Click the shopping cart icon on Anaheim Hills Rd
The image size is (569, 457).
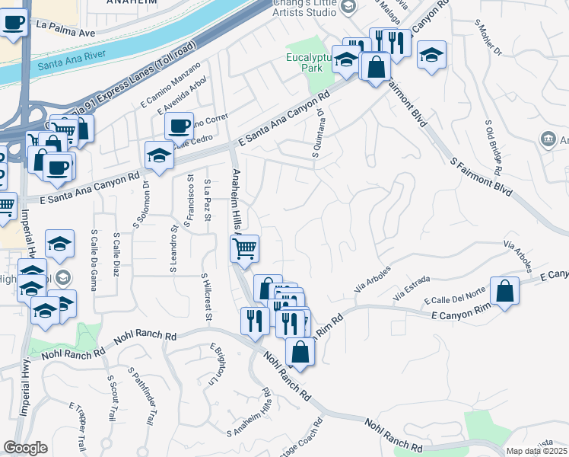(245, 248)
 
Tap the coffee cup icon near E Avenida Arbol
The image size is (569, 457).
(180, 125)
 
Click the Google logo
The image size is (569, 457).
(25, 448)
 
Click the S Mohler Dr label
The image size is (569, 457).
(488, 38)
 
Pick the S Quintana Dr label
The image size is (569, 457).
(317, 134)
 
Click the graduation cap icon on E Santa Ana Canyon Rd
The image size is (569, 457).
(159, 155)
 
